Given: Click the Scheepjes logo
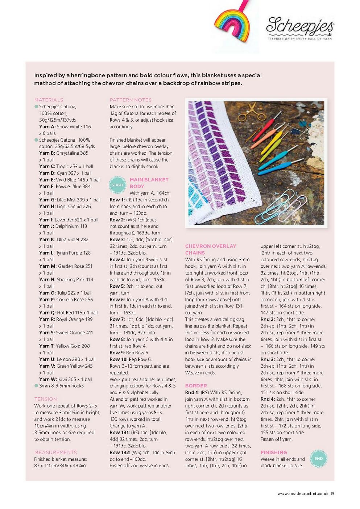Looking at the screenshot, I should click(300, 28).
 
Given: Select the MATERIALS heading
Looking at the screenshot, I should click(49, 100).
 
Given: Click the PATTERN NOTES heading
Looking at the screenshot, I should click(131, 100).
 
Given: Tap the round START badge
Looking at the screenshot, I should click(117, 185).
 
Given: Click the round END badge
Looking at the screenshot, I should click(318, 458).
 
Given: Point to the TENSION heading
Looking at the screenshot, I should click(46, 399).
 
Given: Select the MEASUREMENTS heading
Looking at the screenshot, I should click(55, 452).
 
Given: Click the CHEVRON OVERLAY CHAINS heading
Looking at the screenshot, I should click(210, 249).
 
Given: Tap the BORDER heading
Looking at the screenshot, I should click(196, 385).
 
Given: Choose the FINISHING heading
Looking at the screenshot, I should click(273, 452).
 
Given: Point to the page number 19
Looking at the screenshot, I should click(332, 493).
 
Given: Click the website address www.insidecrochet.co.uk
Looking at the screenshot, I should click(303, 493).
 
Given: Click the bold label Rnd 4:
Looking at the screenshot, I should click(268, 399).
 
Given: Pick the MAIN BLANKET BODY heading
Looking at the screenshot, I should click(149, 183).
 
